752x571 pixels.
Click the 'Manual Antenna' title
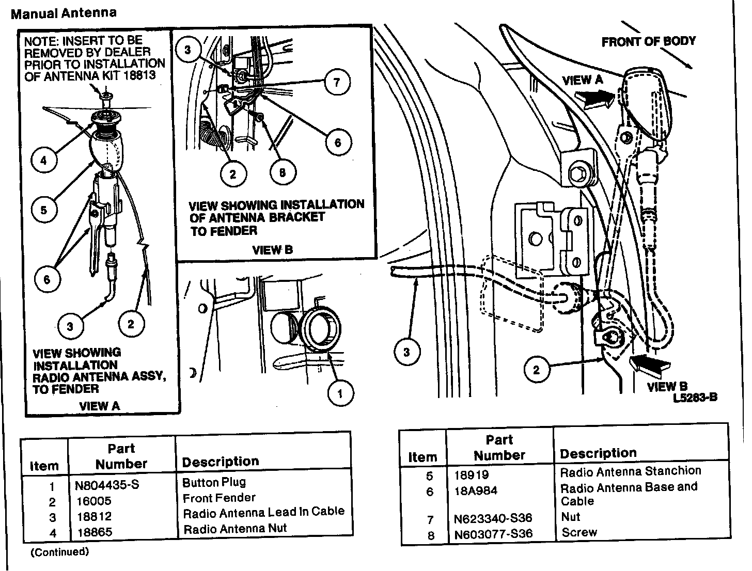[x=64, y=13]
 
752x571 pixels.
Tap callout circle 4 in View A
[x=43, y=161]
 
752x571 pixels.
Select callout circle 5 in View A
[x=43, y=210]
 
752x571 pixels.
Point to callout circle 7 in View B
[x=337, y=82]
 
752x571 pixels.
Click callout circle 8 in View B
[x=282, y=173]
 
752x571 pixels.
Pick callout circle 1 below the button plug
[x=340, y=395]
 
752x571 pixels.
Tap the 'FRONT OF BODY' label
[x=649, y=41]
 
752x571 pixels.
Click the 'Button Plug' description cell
[x=214, y=482]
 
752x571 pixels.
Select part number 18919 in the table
[x=472, y=474]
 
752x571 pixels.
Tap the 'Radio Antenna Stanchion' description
[x=631, y=471]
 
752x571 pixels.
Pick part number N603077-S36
[x=493, y=534]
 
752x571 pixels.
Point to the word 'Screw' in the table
[x=579, y=532]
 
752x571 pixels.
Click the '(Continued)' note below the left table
[x=60, y=552]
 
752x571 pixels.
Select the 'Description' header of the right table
[x=598, y=453]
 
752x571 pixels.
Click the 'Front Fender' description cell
[x=219, y=498]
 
